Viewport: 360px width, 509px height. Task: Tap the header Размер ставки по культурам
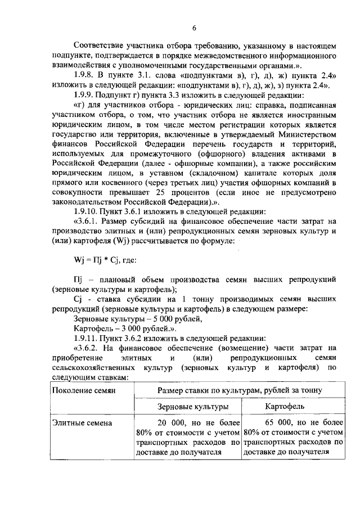(x=239, y=389)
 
